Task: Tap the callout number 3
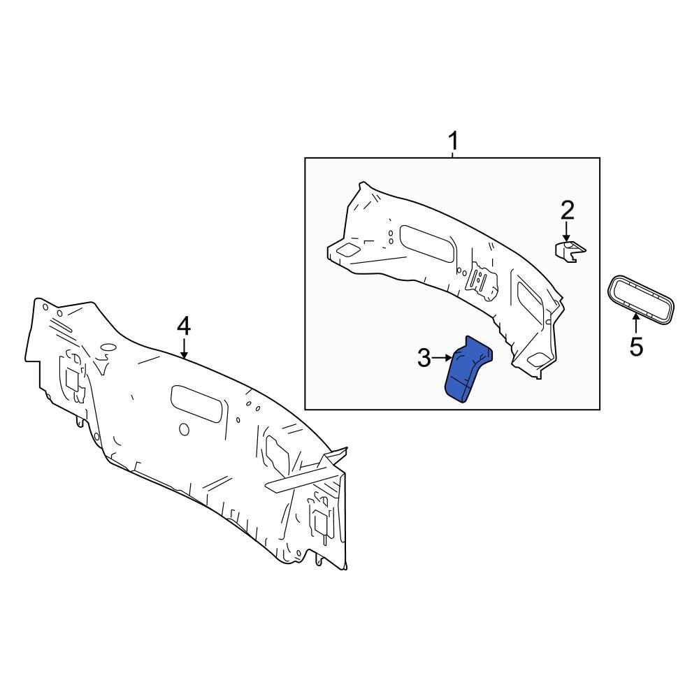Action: (x=424, y=359)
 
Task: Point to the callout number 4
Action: (x=183, y=326)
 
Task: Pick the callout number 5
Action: (x=636, y=347)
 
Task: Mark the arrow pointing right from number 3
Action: (x=443, y=358)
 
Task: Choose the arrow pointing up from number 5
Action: (x=636, y=323)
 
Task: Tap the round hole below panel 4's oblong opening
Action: (x=184, y=429)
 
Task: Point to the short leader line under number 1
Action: (x=453, y=154)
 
